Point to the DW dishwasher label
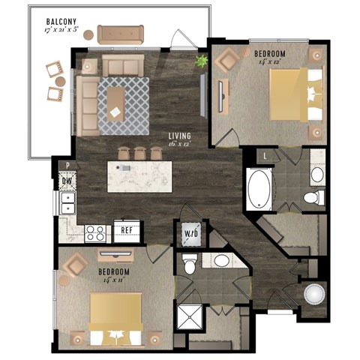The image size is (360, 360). coord(67,180)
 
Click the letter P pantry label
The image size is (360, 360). coord(67,166)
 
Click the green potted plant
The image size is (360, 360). coord(201,62)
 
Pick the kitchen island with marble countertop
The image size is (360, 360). coord(139,175)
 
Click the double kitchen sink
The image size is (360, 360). coord(67,201)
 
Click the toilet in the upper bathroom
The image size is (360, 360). coord(313,197)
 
